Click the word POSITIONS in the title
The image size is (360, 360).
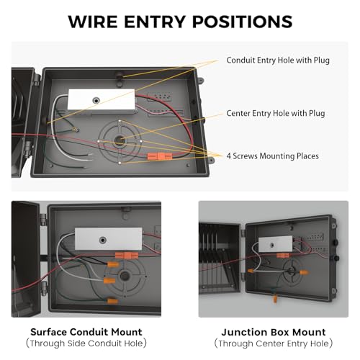click(x=243, y=22)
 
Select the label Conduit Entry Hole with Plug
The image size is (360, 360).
click(x=278, y=60)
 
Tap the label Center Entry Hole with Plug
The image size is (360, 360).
click(x=276, y=113)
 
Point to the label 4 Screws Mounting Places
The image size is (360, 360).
click(x=273, y=156)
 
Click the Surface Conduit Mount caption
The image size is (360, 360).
click(x=86, y=332)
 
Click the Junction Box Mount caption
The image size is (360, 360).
click(x=274, y=332)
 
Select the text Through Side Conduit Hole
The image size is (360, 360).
click(x=86, y=343)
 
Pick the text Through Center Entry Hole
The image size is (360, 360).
click(x=274, y=343)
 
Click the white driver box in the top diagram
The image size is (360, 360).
click(x=102, y=101)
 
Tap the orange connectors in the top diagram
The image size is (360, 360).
click(x=160, y=156)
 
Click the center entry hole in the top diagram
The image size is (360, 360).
click(x=119, y=140)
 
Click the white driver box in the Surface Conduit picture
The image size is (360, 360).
click(x=109, y=239)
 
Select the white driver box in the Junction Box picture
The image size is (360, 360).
click(x=275, y=244)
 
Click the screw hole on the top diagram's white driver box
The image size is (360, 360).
click(x=96, y=101)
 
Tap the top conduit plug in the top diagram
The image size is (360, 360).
click(x=120, y=76)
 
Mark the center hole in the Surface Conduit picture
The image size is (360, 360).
click(x=125, y=276)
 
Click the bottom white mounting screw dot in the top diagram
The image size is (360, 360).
click(x=120, y=163)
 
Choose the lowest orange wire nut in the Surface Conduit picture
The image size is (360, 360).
click(x=112, y=301)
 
